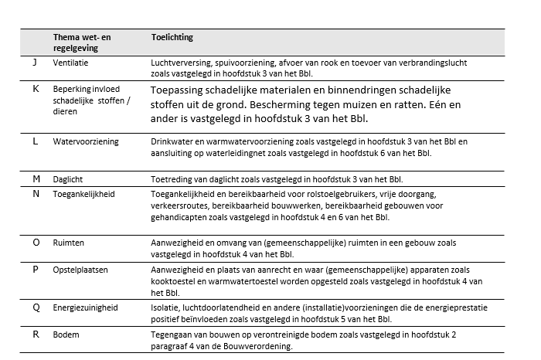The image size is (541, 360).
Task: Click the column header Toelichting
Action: pyautogui.click(x=172, y=37)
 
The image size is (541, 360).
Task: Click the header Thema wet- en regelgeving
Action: pyautogui.click(x=80, y=42)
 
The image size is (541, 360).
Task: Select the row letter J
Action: pyautogui.click(x=36, y=63)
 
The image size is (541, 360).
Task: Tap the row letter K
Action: pyautogui.click(x=36, y=90)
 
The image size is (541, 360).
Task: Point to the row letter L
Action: pyautogui.click(x=36, y=142)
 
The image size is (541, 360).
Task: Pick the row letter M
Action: pyautogui.click(x=36, y=178)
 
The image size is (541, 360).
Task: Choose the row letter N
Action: pyautogui.click(x=36, y=194)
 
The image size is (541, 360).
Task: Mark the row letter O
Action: pyautogui.click(x=36, y=242)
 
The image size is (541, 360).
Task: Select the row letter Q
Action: pyautogui.click(x=36, y=307)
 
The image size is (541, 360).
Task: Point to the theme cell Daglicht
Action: pyautogui.click(x=68, y=178)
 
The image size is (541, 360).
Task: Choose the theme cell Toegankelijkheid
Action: pyautogui.click(x=83, y=194)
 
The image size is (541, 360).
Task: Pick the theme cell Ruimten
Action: pyautogui.click(x=68, y=242)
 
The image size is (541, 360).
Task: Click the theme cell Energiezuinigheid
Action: pyautogui.click(x=85, y=307)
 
